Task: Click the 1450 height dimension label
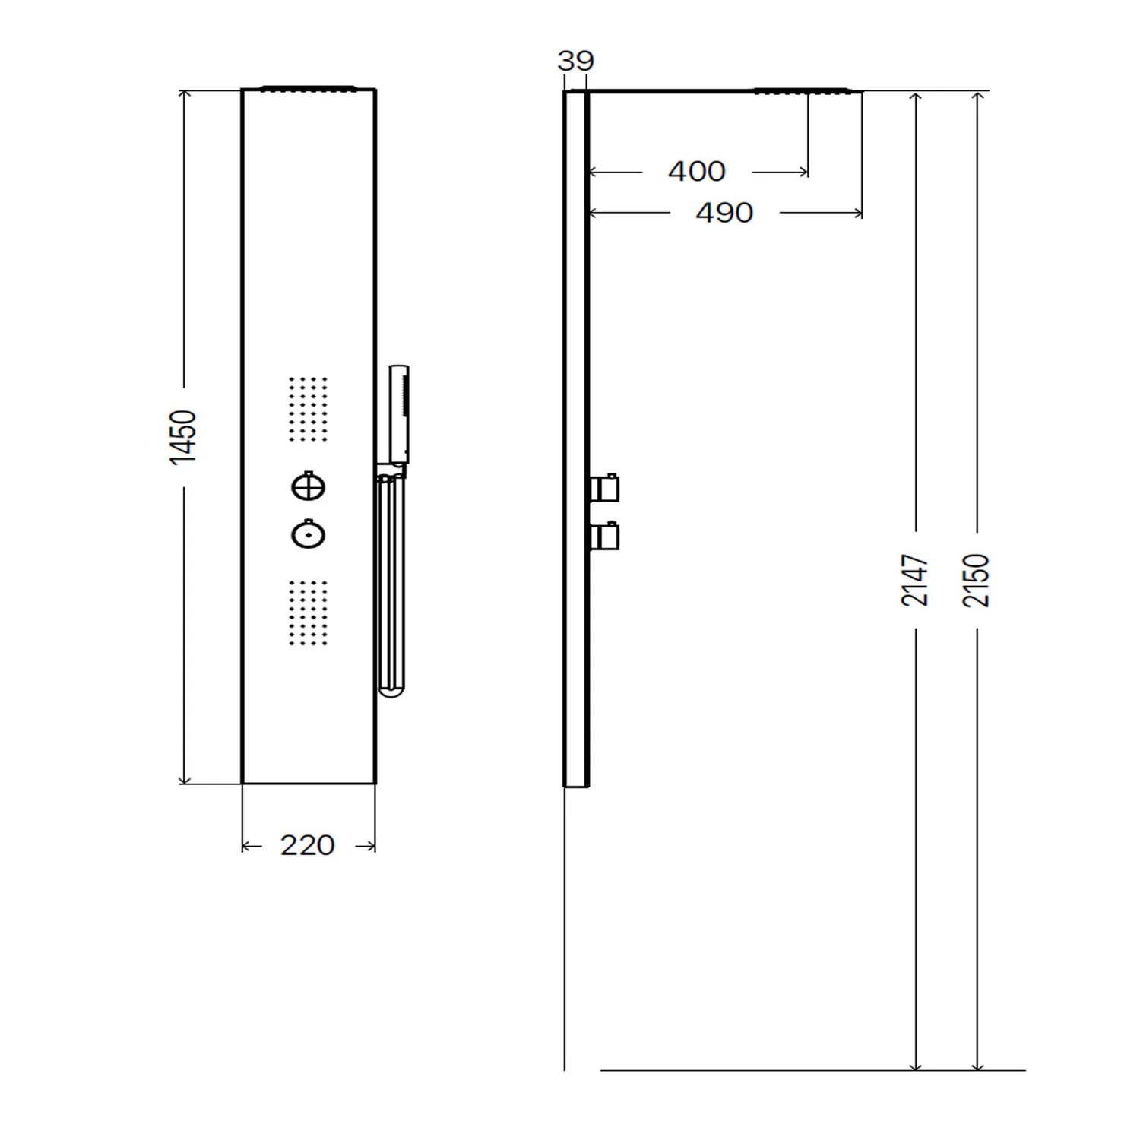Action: point(184,437)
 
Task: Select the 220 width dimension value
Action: point(308,845)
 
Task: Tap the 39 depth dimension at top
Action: point(575,61)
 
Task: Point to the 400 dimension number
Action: point(697,171)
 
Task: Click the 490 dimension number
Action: point(724,213)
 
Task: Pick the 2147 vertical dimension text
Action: point(915,580)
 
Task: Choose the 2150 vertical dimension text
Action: point(977,580)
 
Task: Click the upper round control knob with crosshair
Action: point(308,486)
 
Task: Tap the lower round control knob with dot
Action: point(308,534)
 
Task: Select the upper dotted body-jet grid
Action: point(309,409)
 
